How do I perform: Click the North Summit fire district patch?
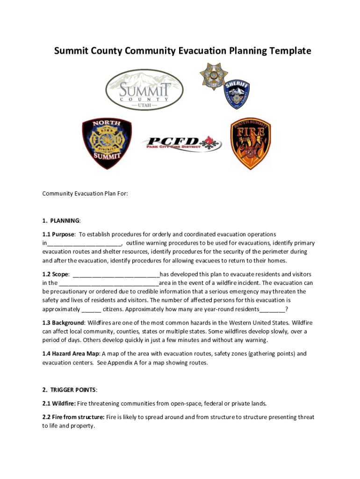point(107,143)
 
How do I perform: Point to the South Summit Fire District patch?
point(251,143)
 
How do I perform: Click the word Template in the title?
point(286,51)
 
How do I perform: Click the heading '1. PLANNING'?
point(61,220)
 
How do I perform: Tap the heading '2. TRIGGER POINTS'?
point(70,390)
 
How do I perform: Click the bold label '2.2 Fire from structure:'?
point(73,417)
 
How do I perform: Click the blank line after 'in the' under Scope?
point(109,283)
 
